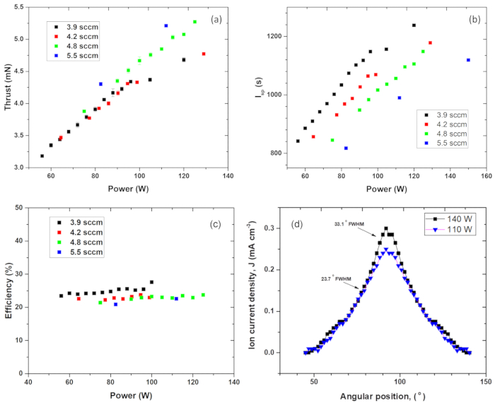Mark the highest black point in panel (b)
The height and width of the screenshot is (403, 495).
pyautogui.click(x=414, y=25)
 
